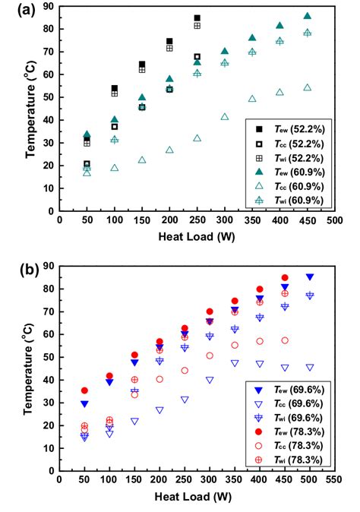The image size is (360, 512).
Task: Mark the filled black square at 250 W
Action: pyautogui.click(x=197, y=18)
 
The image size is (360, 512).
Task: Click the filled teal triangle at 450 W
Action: pyautogui.click(x=307, y=16)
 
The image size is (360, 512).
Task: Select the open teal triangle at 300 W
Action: pyautogui.click(x=224, y=117)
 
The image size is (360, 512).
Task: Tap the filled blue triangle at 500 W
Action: pyautogui.click(x=309, y=277)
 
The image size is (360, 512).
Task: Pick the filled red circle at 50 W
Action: pyautogui.click(x=84, y=390)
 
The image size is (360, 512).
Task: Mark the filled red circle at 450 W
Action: pyautogui.click(x=285, y=278)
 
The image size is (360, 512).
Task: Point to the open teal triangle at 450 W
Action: pyautogui.click(x=307, y=88)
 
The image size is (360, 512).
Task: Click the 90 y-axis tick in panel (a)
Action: pyautogui.click(x=50, y=6)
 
